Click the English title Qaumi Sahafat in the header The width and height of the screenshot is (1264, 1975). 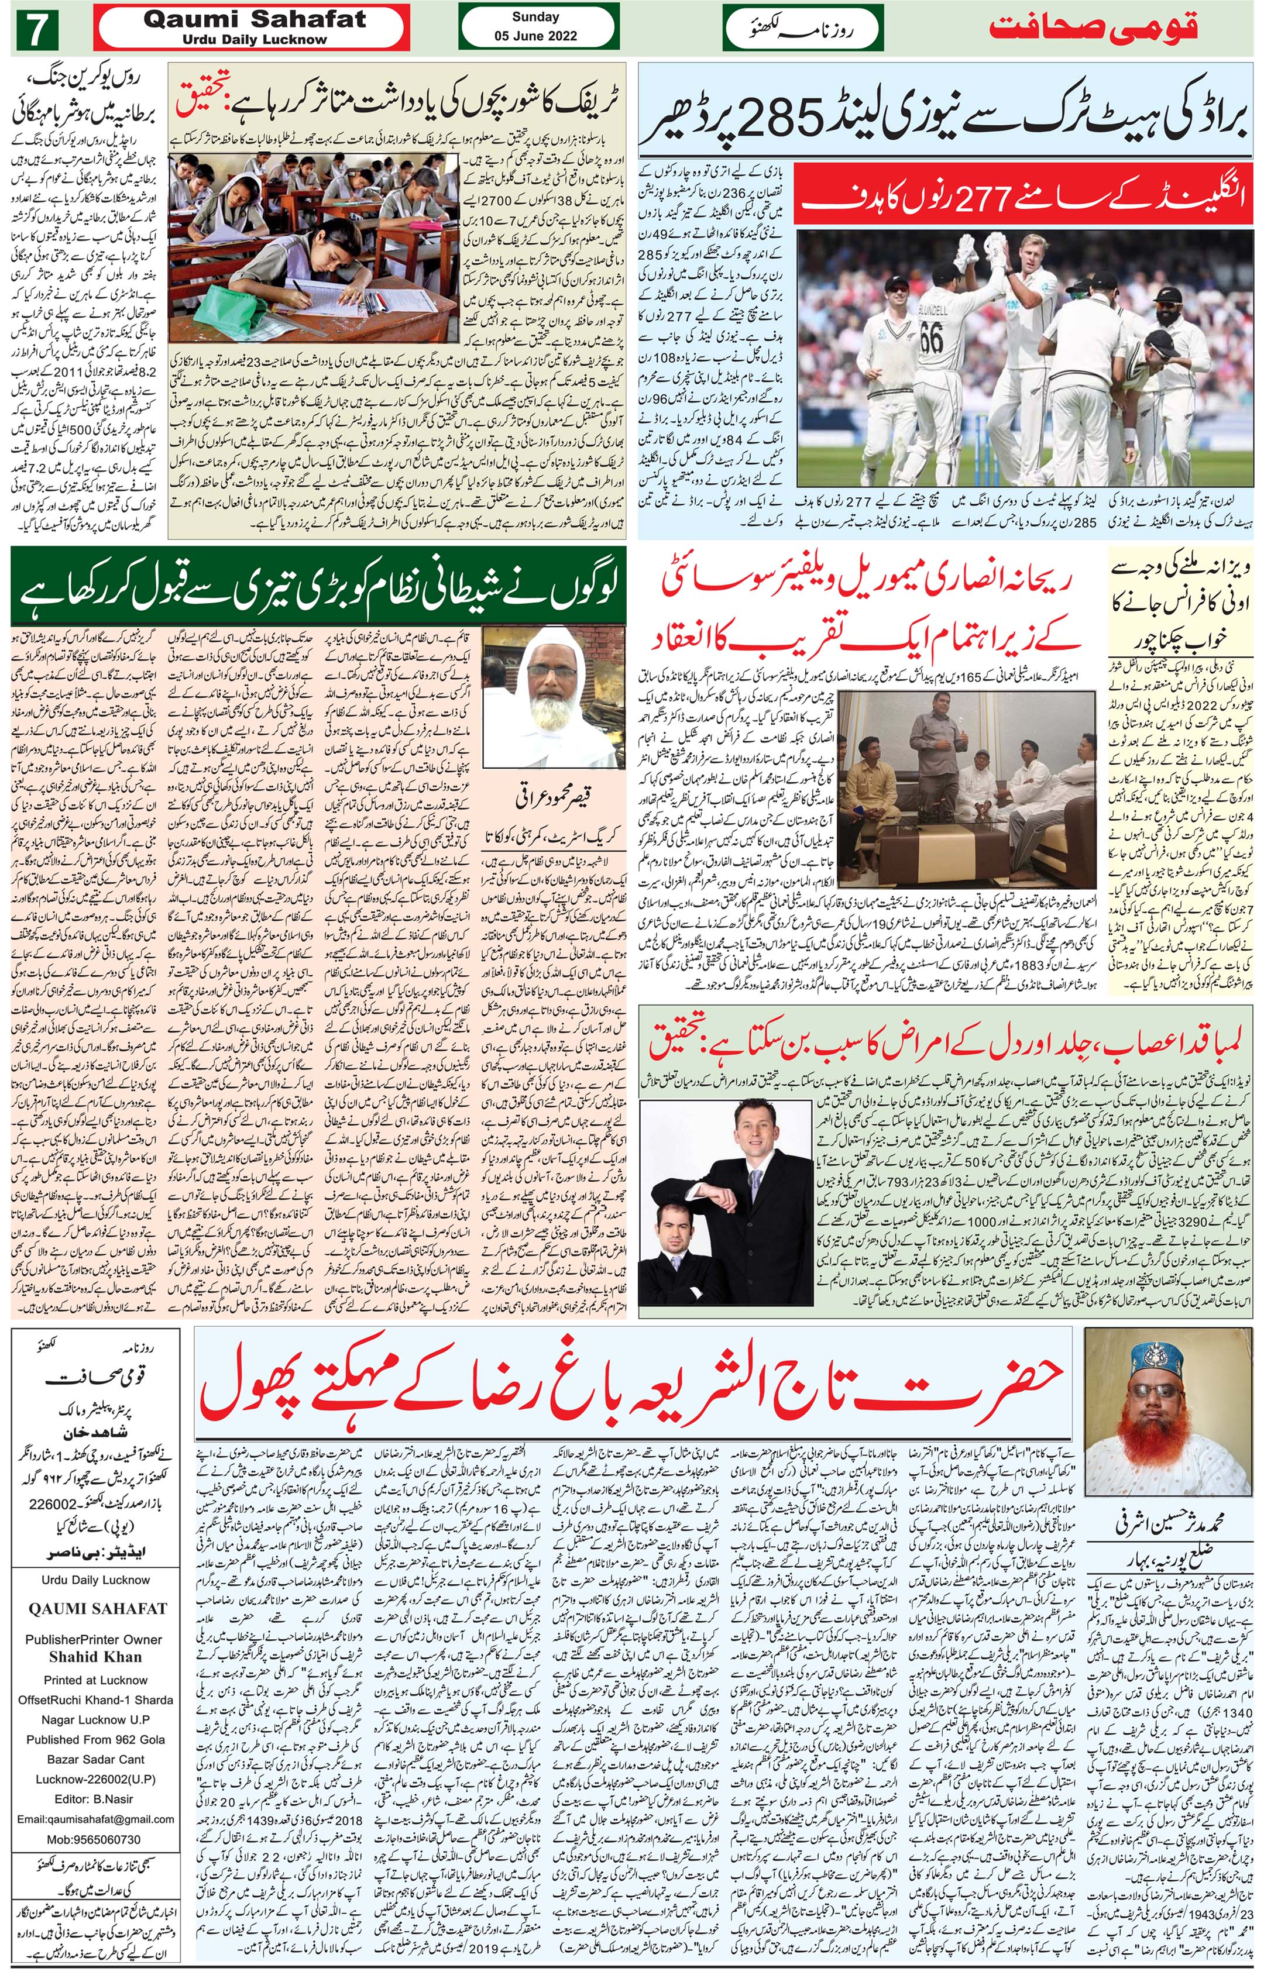[255, 20]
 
